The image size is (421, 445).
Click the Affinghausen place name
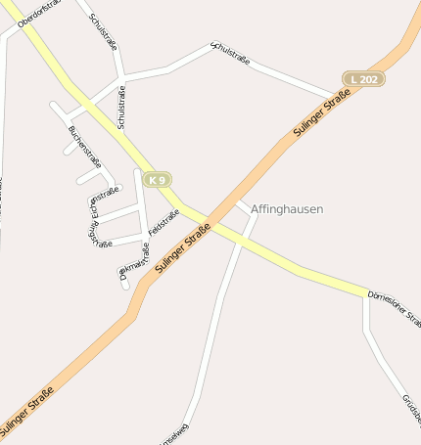pos(287,209)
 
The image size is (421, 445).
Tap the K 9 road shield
pos(157,179)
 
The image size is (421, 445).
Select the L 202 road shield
pos(363,78)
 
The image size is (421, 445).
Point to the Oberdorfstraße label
pos(39,13)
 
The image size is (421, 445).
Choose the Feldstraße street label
pos(164,222)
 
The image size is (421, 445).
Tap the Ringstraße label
pos(100,236)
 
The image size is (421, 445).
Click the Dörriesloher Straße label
pos(394,306)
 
